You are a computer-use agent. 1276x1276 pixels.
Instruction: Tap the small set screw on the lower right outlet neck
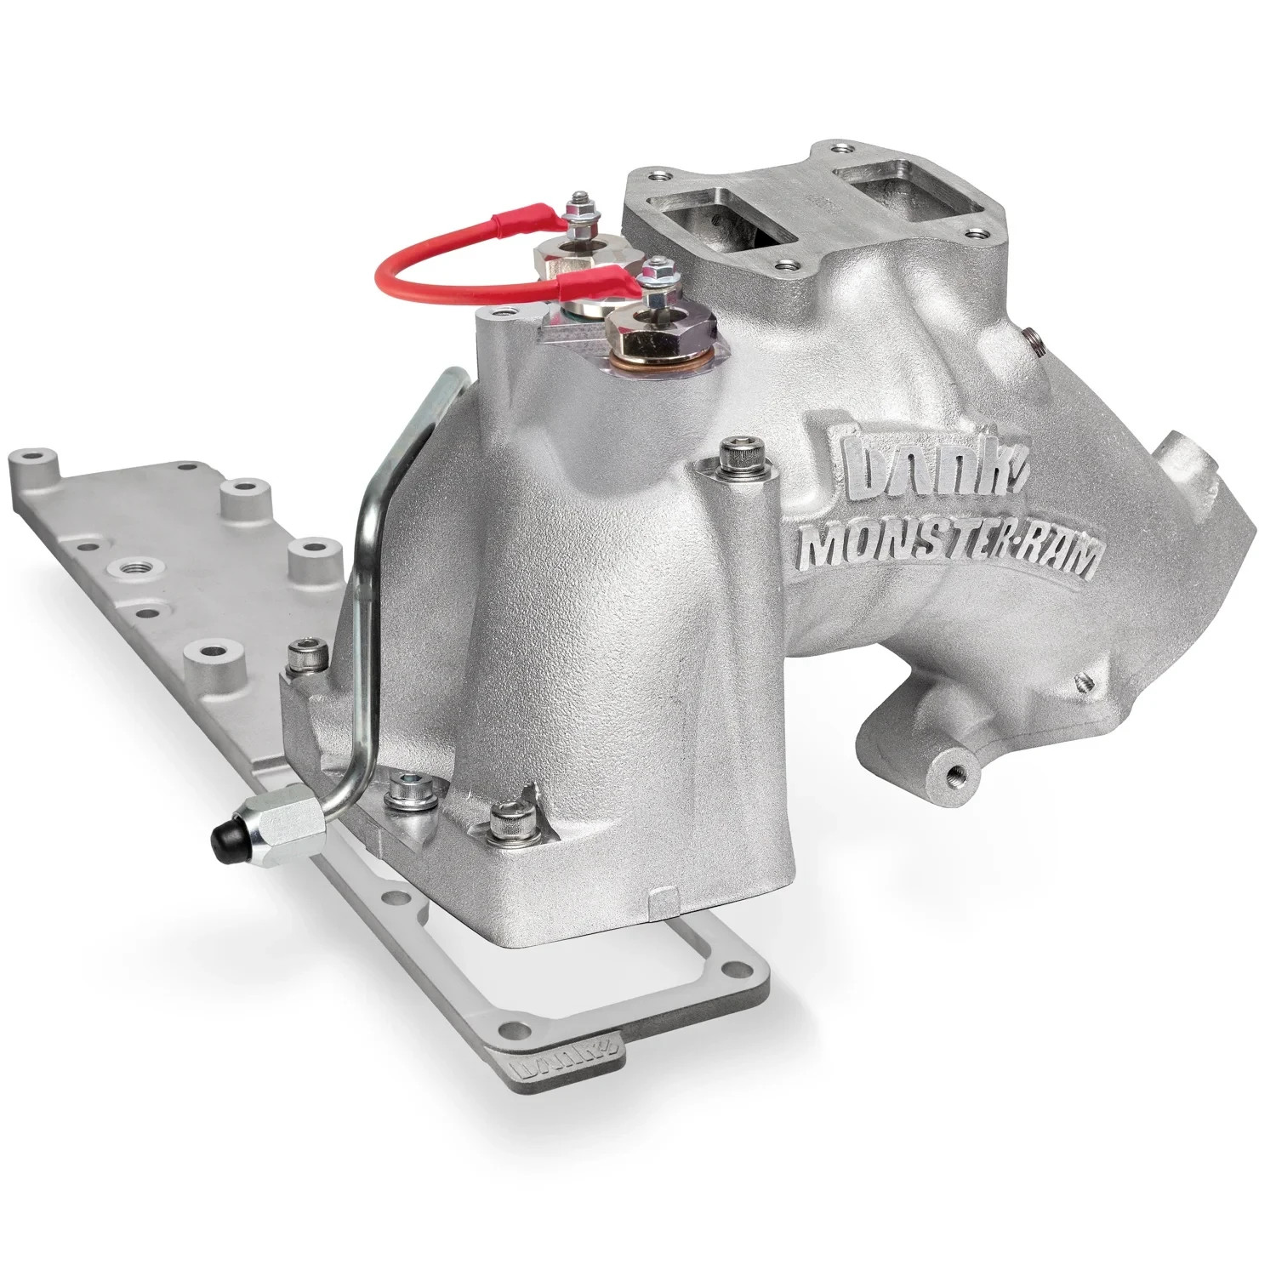tap(1082, 681)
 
